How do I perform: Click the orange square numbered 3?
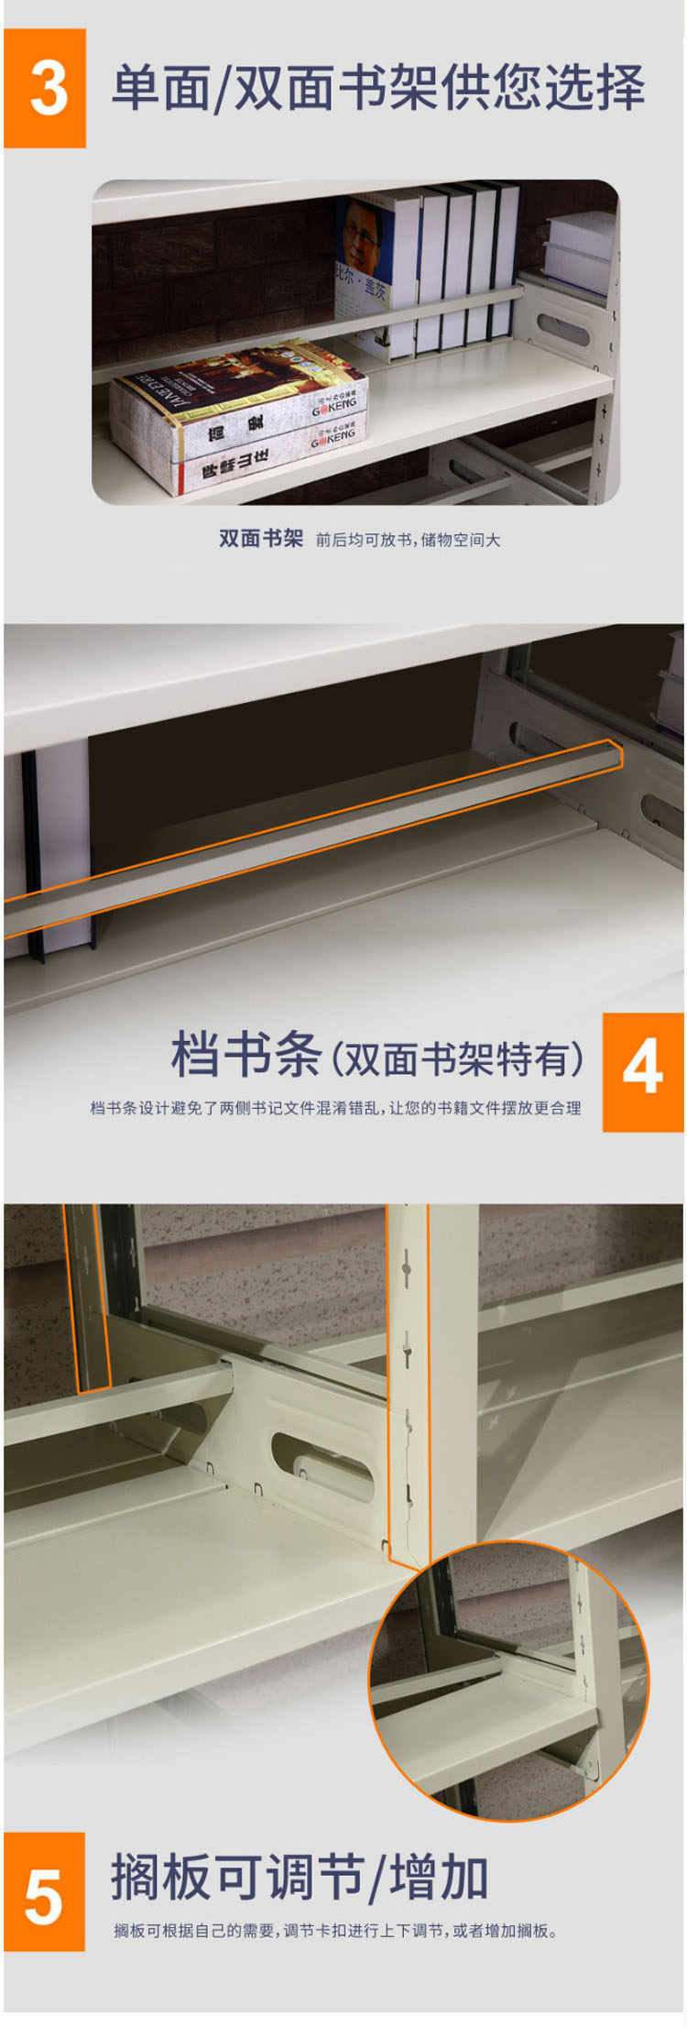point(45,88)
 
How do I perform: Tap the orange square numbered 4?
point(643,1072)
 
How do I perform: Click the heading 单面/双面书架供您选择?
point(378,88)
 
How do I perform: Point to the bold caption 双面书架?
point(260,538)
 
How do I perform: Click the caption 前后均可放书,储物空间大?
point(409,540)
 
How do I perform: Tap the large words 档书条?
point(246,1055)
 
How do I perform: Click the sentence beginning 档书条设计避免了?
point(335,1108)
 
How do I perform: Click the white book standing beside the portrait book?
point(405,275)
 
